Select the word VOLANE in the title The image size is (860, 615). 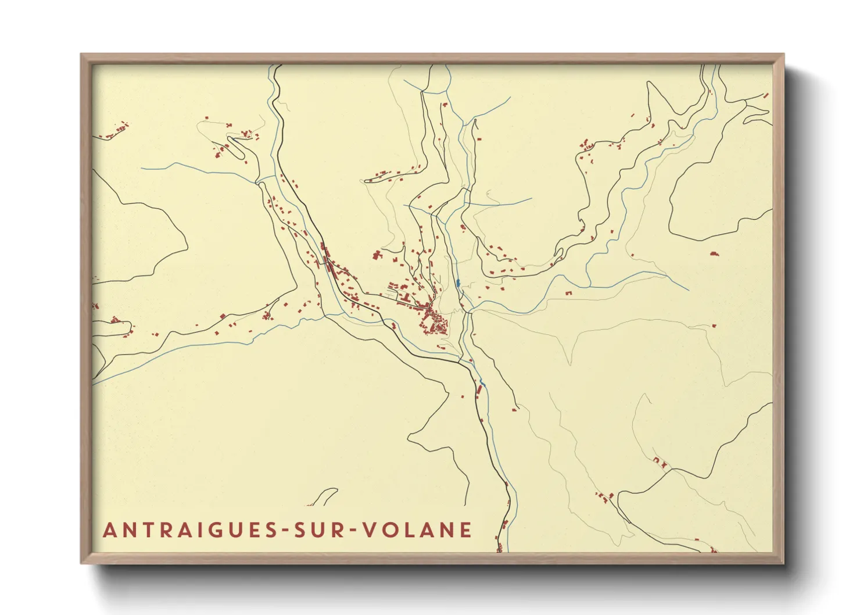click(417, 530)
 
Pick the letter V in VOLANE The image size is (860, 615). click(369, 530)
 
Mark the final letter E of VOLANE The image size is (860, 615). click(465, 530)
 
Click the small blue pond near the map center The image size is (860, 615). click(458, 283)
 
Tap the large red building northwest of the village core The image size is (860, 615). click(377, 255)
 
